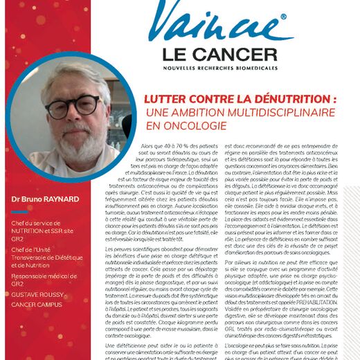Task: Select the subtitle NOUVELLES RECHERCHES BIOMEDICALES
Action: [x=221, y=69]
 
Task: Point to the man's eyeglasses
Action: [x=71, y=105]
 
